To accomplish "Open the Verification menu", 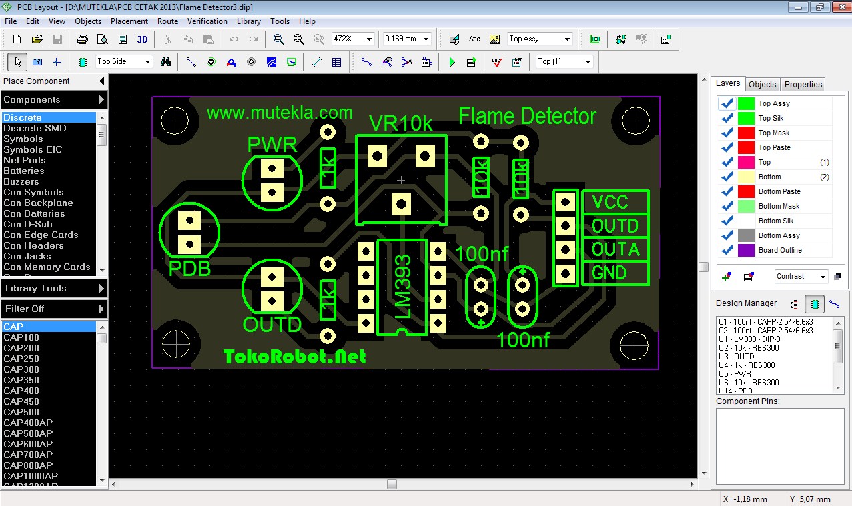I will pyautogui.click(x=207, y=21).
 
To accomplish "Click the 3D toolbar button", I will pyautogui.click(x=142, y=39).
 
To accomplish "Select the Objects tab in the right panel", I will pyautogui.click(x=762, y=85).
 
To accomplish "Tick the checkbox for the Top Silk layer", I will pyautogui.click(x=727, y=118).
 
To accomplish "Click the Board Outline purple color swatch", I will pyautogui.click(x=747, y=250).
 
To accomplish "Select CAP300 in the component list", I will pyautogui.click(x=21, y=369).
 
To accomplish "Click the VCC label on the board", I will pyautogui.click(x=610, y=202).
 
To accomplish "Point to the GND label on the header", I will pyautogui.click(x=609, y=273).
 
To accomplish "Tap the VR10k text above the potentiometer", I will pyautogui.click(x=401, y=123).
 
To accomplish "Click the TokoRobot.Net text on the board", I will pyautogui.click(x=294, y=357).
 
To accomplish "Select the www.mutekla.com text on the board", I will pyautogui.click(x=280, y=112).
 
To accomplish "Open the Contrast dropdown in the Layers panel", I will pyautogui.click(x=801, y=276).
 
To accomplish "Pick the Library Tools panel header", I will pyautogui.click(x=53, y=289).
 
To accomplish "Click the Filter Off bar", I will pyautogui.click(x=53, y=309).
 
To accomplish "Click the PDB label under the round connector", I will pyautogui.click(x=189, y=269).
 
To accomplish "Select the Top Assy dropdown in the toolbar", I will pyautogui.click(x=540, y=39).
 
